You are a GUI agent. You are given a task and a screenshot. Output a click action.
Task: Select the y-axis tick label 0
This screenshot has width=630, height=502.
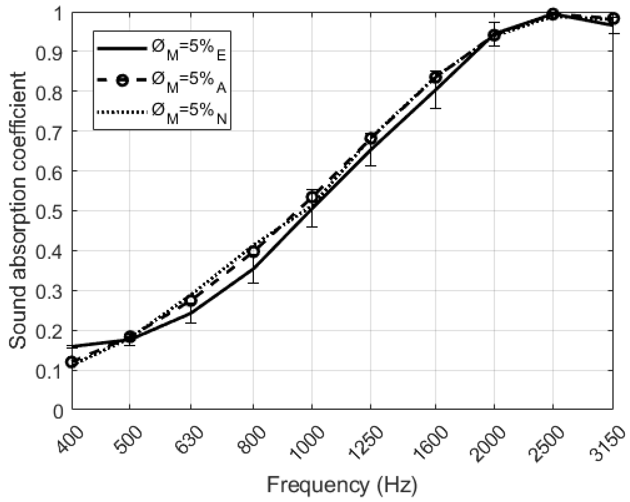click(x=58, y=410)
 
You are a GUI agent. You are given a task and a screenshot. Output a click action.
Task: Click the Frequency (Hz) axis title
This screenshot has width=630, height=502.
click(x=342, y=485)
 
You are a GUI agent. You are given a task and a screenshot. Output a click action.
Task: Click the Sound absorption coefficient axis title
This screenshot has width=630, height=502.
click(x=17, y=210)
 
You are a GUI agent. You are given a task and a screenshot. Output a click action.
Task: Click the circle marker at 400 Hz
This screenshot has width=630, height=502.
click(x=72, y=362)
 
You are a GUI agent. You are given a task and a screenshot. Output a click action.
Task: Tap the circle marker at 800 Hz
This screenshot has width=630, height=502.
click(x=254, y=251)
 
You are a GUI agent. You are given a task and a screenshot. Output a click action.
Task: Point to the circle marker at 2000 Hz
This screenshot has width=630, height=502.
click(x=494, y=35)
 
